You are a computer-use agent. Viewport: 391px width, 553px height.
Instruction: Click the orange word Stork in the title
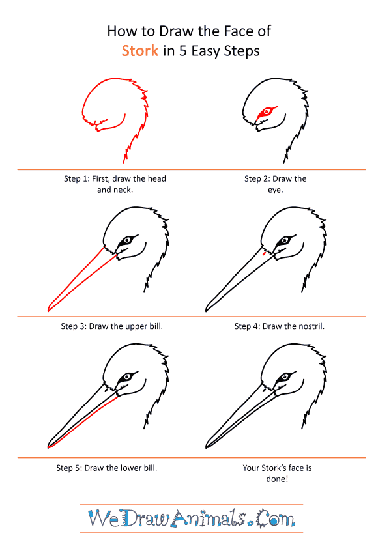click(139, 51)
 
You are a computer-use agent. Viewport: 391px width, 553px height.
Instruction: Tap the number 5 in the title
click(183, 51)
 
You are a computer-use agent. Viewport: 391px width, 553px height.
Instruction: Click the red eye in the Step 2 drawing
click(267, 112)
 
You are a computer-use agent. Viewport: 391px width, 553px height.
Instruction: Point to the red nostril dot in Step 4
click(264, 253)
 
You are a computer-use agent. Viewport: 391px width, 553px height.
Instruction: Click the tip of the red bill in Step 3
click(48, 311)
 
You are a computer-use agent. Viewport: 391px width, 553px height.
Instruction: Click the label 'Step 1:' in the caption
click(77, 179)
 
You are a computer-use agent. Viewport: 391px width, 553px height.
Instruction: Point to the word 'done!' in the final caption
click(277, 479)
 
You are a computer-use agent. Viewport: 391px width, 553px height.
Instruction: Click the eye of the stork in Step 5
click(126, 377)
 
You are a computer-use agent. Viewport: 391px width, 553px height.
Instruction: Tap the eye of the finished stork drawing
click(284, 377)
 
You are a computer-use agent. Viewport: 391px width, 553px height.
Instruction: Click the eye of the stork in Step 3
click(126, 240)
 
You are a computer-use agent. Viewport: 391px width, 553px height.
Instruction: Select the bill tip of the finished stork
click(207, 447)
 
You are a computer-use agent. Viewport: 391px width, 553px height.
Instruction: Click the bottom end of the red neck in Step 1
click(123, 163)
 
